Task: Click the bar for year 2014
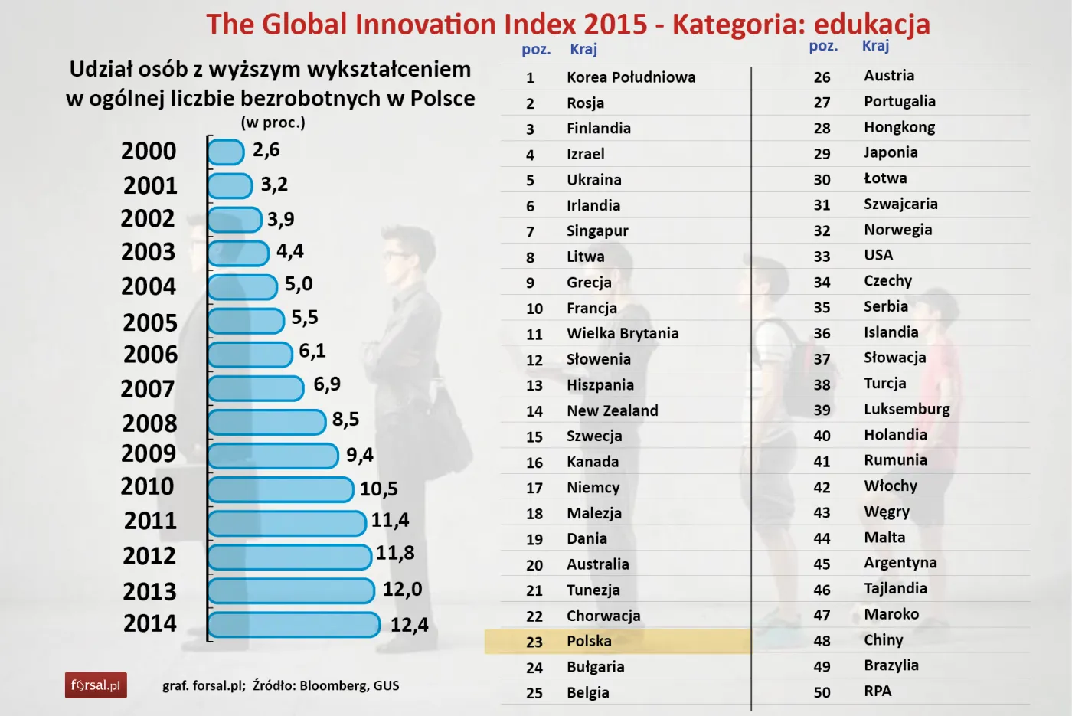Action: (294, 624)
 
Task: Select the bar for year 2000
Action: (226, 152)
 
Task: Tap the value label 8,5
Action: (345, 420)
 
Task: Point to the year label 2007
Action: (148, 389)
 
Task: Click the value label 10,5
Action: (378, 489)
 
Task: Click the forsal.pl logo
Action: (96, 685)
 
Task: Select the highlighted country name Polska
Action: (589, 641)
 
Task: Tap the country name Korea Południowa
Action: (631, 77)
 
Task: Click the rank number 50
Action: (822, 692)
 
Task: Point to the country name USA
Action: (878, 255)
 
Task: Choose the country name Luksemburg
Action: (907, 409)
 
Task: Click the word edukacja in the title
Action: (871, 25)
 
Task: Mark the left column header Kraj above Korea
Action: (583, 49)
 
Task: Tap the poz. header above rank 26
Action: (823, 46)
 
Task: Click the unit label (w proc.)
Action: (273, 123)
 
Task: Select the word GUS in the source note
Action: (386, 685)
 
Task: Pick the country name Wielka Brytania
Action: (623, 333)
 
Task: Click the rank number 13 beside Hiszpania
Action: (534, 385)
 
